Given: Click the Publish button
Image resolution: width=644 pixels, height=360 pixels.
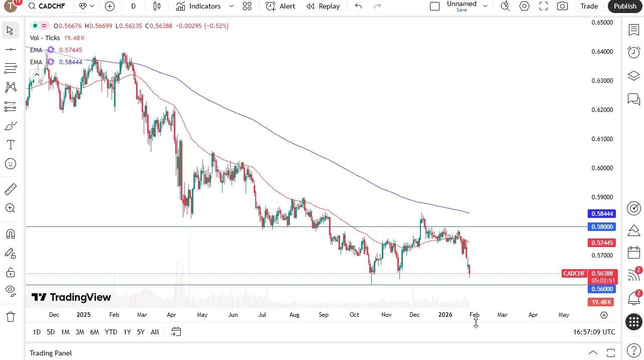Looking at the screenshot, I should [x=625, y=6].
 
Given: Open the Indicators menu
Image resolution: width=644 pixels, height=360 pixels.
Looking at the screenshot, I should [x=198, y=6].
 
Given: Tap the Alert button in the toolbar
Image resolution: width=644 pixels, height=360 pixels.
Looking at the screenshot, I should [x=281, y=6].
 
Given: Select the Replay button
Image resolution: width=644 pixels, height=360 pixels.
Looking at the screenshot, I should [x=323, y=6].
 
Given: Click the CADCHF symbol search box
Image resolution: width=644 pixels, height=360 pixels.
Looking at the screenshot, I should [x=50, y=6].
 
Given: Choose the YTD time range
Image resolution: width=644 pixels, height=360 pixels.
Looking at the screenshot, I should [x=111, y=332].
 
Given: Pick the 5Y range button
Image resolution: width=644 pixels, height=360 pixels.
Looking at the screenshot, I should [x=141, y=332].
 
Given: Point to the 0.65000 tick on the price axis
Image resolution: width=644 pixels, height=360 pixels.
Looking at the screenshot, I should [x=602, y=23].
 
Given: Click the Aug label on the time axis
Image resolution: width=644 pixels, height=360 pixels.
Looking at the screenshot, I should [x=294, y=315].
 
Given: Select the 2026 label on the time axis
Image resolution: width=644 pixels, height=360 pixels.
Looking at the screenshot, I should [x=445, y=315].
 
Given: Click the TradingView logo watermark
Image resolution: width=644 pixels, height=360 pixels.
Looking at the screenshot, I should [x=71, y=297].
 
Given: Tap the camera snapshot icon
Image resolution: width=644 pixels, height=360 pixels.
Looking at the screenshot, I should [x=563, y=6].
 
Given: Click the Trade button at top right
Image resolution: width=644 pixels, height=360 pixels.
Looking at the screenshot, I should [x=589, y=6].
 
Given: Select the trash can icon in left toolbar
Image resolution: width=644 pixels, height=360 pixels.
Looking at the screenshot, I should [x=10, y=317].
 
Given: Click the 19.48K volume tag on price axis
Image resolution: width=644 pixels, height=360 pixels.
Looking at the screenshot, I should [x=601, y=302].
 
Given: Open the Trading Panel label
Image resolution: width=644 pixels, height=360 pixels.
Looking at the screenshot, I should [x=51, y=353].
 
